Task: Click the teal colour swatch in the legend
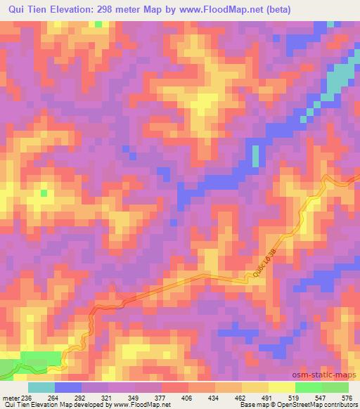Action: click(x=41, y=387)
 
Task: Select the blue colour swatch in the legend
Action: click(x=67, y=387)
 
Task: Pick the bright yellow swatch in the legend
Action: click(x=282, y=387)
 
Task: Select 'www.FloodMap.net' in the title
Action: click(x=229, y=9)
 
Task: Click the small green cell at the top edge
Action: click(x=98, y=24)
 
